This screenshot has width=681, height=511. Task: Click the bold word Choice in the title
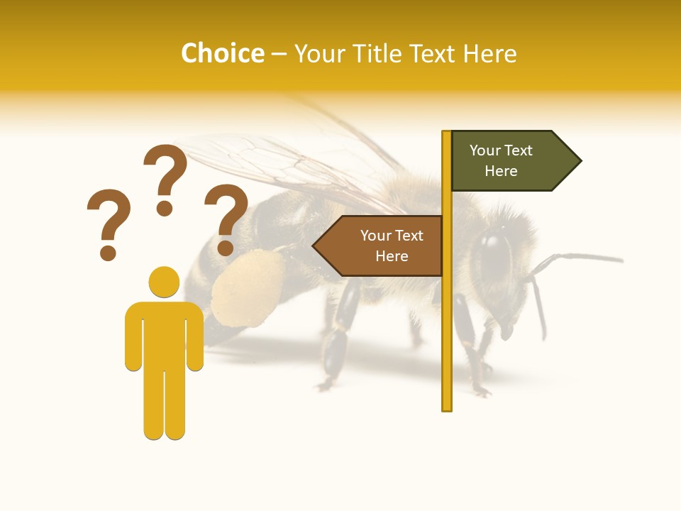pos(222,53)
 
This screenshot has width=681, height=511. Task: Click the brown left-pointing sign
pos(383,246)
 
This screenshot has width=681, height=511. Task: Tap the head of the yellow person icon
pos(164,282)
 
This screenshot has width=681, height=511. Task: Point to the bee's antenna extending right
pos(582,257)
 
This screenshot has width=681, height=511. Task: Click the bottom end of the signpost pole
pos(447,406)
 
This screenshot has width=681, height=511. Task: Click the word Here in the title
pos(489,53)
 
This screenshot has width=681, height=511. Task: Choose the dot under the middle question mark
pos(165,208)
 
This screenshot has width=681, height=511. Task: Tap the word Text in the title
pos(433,53)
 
